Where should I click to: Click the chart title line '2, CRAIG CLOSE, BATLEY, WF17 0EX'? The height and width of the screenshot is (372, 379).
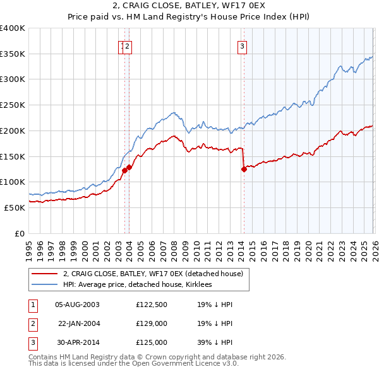tap(189, 6)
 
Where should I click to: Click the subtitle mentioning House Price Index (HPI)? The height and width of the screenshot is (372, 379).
tap(189, 17)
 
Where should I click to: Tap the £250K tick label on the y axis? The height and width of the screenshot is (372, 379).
tap(13, 105)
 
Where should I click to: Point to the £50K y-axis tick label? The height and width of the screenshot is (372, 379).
tap(15, 207)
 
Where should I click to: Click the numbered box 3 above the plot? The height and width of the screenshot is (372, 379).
tap(242, 45)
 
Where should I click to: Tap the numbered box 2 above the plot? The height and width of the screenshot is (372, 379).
tap(127, 45)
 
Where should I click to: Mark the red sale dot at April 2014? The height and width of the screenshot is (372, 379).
tap(244, 169)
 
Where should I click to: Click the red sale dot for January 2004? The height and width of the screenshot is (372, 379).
tap(129, 167)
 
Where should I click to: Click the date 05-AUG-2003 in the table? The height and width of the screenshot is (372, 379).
tap(77, 305)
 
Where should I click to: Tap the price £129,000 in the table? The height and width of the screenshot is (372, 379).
tap(152, 323)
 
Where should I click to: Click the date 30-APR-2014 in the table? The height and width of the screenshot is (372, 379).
tap(77, 342)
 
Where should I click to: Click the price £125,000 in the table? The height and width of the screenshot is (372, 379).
tap(152, 342)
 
